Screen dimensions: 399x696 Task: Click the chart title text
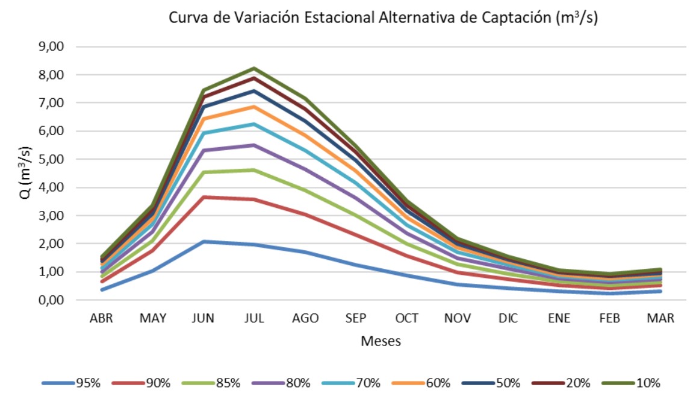[x=382, y=19]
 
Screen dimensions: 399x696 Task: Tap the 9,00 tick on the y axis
[x=52, y=47]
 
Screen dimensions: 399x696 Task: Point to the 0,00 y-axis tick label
[x=52, y=300]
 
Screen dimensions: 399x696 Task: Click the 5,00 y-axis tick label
[x=52, y=160]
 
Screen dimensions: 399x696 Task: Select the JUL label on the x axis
[x=255, y=318]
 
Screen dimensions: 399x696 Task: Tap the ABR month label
[x=101, y=318]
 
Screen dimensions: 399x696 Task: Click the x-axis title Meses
[x=381, y=341]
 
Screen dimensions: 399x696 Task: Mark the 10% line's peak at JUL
[x=254, y=69]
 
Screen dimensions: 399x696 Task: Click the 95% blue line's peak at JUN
[x=204, y=242]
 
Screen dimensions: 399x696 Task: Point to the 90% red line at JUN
[x=204, y=197]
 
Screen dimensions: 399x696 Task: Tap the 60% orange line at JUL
[x=254, y=107]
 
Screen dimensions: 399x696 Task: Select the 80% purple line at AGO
[x=305, y=169]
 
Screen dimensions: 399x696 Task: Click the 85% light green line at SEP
[x=356, y=215]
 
